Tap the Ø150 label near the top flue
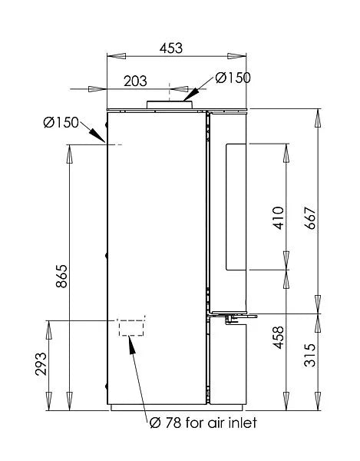point(233,78)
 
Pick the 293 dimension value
point(41,363)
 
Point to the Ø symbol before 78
point(153,423)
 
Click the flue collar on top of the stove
point(165,105)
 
